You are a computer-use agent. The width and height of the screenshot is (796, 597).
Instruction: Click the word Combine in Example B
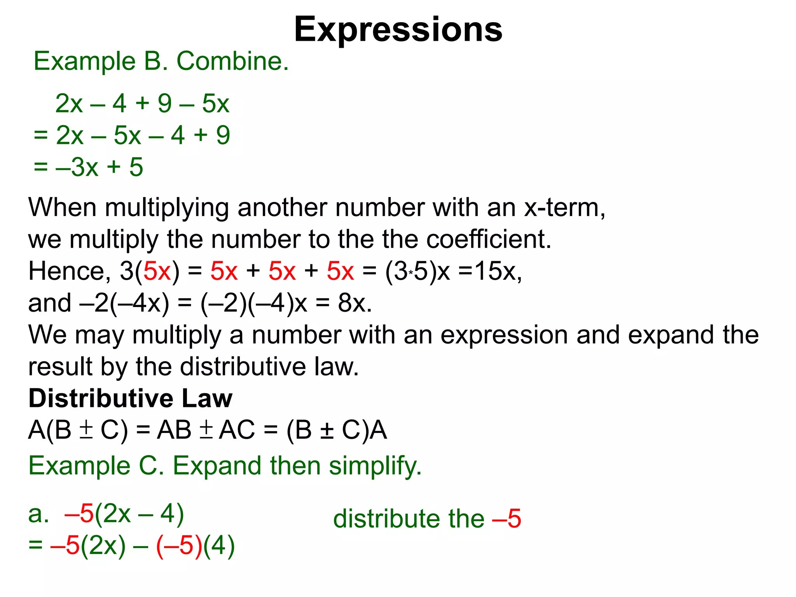pyautogui.click(x=232, y=61)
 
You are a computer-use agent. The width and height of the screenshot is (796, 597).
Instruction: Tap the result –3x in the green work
pyautogui.click(x=77, y=167)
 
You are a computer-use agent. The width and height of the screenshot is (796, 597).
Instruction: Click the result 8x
pyautogui.click(x=354, y=303)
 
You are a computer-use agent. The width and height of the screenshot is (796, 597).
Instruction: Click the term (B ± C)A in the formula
pyautogui.click(x=337, y=431)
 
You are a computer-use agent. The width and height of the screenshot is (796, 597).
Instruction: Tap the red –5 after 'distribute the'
pyautogui.click(x=506, y=519)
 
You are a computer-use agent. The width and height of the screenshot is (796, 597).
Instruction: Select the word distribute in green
pyautogui.click(x=387, y=519)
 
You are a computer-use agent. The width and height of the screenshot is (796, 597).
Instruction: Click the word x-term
pyautogui.click(x=564, y=208)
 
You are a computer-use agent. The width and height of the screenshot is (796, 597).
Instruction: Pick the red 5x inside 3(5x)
pyautogui.click(x=157, y=271)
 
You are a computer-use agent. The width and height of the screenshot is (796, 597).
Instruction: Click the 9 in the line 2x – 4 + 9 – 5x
pyautogui.click(x=164, y=104)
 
